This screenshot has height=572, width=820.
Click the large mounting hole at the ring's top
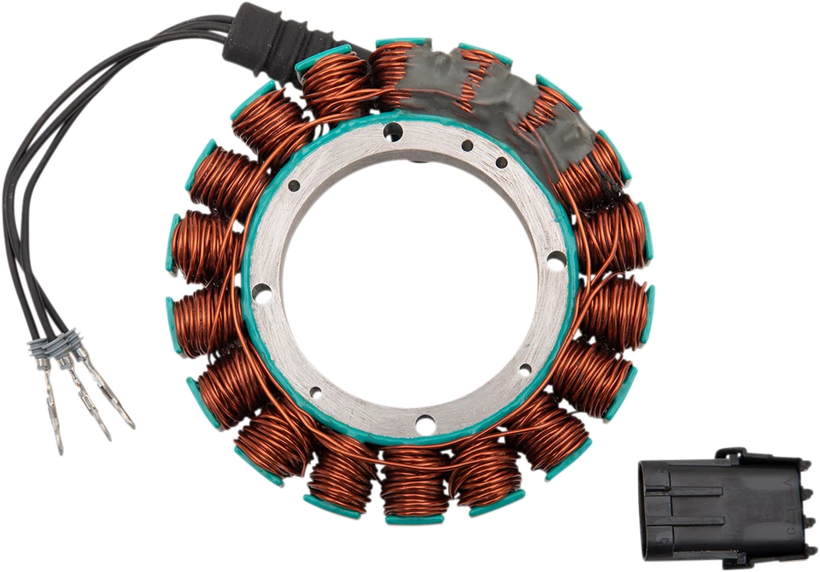pyautogui.click(x=393, y=131)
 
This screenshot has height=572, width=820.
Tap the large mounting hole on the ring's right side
pyautogui.click(x=556, y=260)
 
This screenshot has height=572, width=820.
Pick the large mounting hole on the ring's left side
pyautogui.click(x=262, y=295)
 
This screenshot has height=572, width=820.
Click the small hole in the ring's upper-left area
pyautogui.click(x=294, y=185)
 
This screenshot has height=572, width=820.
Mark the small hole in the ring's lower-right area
pyautogui.click(x=524, y=370)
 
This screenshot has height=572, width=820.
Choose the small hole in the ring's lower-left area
pyautogui.click(x=316, y=393)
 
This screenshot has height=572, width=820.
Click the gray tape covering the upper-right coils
pyautogui.click(x=512, y=94)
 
